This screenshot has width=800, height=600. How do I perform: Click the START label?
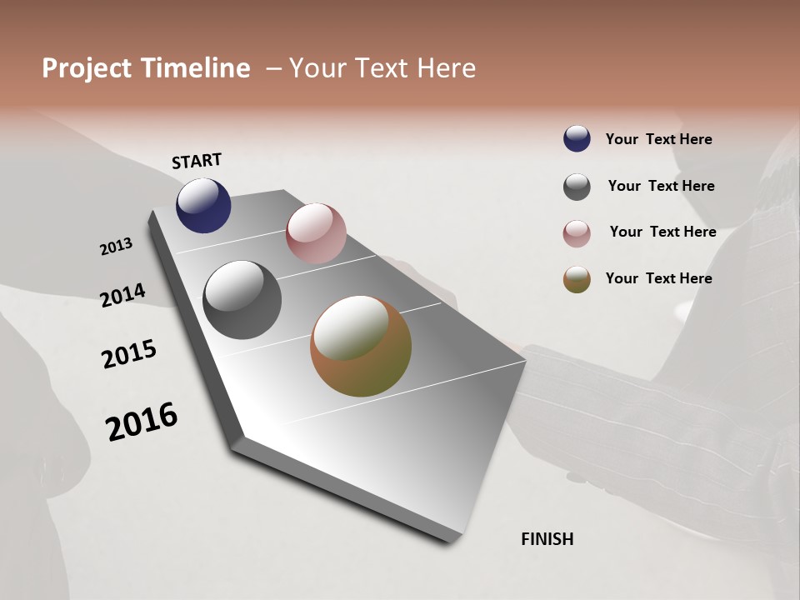[x=197, y=161]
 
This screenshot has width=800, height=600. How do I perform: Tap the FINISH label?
[x=547, y=539]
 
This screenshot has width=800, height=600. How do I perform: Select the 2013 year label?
[x=116, y=247]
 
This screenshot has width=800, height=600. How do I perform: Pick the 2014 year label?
[x=122, y=295]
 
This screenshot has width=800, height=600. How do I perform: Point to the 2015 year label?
[x=129, y=354]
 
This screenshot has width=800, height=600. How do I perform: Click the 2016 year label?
[x=142, y=422]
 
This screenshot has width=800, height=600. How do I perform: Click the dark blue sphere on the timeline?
[x=203, y=205]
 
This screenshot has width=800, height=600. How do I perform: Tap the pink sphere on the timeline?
[x=316, y=233]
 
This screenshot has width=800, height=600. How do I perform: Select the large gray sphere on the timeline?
[x=242, y=300]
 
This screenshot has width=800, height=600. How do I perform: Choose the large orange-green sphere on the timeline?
[x=361, y=346]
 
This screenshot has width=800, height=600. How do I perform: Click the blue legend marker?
[x=577, y=139]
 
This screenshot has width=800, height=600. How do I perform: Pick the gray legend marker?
[x=577, y=187]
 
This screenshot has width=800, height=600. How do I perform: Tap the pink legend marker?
[x=577, y=233]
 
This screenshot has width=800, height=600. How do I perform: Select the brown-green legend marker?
[x=577, y=280]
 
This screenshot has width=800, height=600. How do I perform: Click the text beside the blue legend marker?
[x=658, y=139]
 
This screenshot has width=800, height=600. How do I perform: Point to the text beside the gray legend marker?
[x=661, y=186]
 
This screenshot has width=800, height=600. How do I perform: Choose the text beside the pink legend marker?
[x=662, y=232]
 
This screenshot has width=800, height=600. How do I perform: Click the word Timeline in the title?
[x=196, y=68]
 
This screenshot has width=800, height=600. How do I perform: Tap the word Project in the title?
[x=87, y=68]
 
